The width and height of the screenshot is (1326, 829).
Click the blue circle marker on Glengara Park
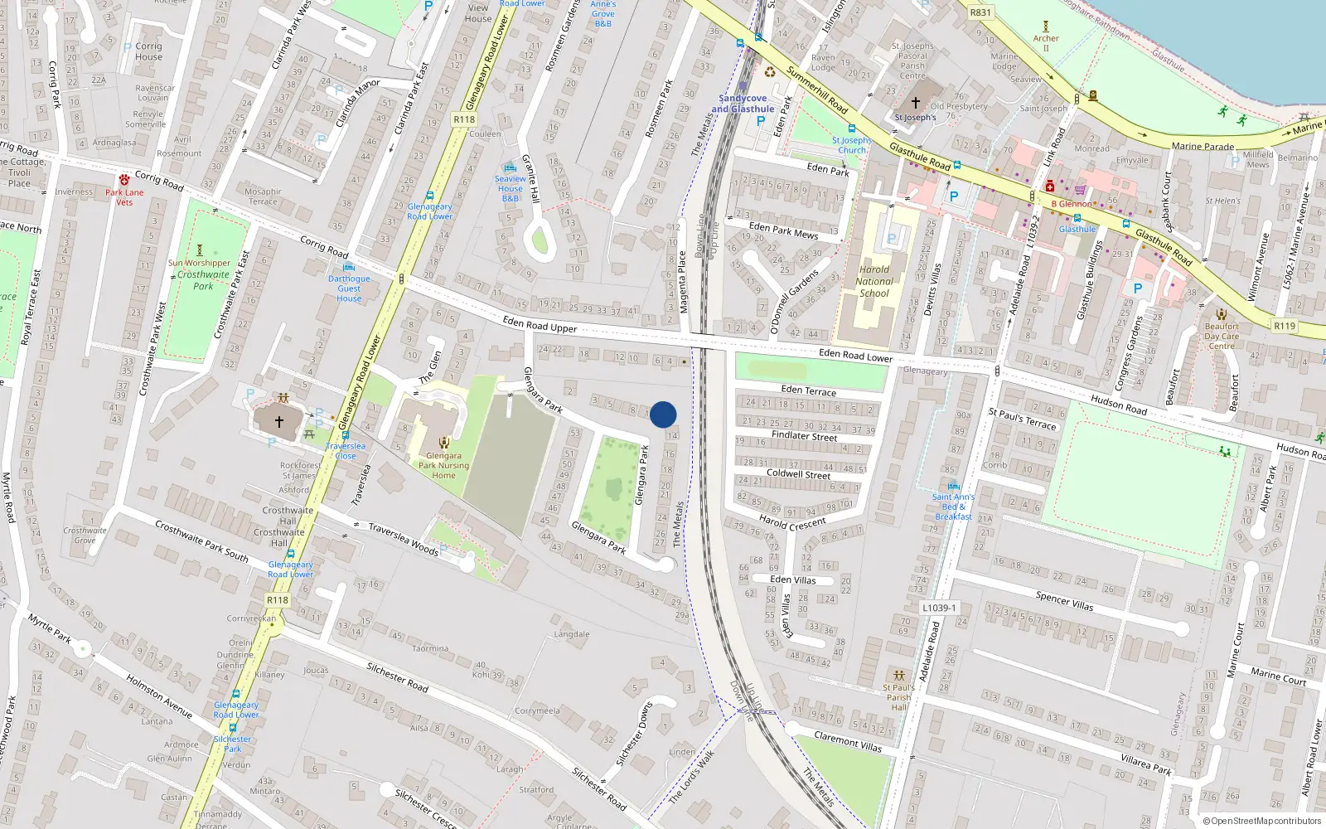point(663,414)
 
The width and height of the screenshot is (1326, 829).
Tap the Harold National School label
point(874,281)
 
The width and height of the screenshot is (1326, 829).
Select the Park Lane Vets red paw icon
point(124,180)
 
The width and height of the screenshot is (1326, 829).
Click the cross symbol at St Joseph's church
point(916,103)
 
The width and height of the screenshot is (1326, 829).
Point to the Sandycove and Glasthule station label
point(743,104)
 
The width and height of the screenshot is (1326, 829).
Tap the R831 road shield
point(980,12)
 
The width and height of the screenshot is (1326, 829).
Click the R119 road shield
point(1285,326)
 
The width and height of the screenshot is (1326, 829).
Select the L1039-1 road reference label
point(939,608)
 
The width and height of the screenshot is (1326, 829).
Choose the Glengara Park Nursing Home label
point(443,465)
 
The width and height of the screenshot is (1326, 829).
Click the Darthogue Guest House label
point(349,288)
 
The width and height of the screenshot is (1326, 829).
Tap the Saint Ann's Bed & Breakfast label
point(953,507)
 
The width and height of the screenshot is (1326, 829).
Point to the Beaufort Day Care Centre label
point(1222,336)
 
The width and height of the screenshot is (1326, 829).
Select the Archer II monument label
point(1046,43)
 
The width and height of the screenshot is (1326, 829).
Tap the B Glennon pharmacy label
point(1072,204)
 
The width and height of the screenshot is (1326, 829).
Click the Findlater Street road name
point(804,436)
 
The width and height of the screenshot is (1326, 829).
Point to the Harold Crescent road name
point(792,524)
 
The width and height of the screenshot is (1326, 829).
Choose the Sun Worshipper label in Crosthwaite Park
point(199,263)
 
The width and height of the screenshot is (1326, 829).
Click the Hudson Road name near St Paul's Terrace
point(1119,405)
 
